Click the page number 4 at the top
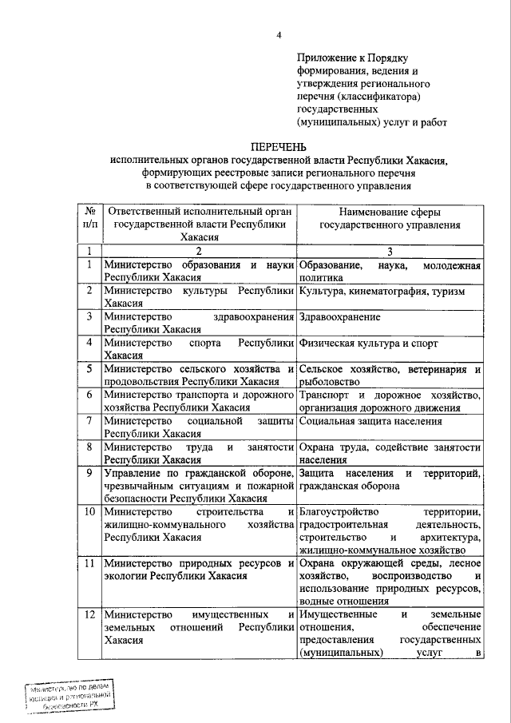click(x=279, y=34)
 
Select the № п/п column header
click(x=89, y=218)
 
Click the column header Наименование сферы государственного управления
click(x=390, y=218)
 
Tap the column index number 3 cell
click(x=390, y=251)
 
